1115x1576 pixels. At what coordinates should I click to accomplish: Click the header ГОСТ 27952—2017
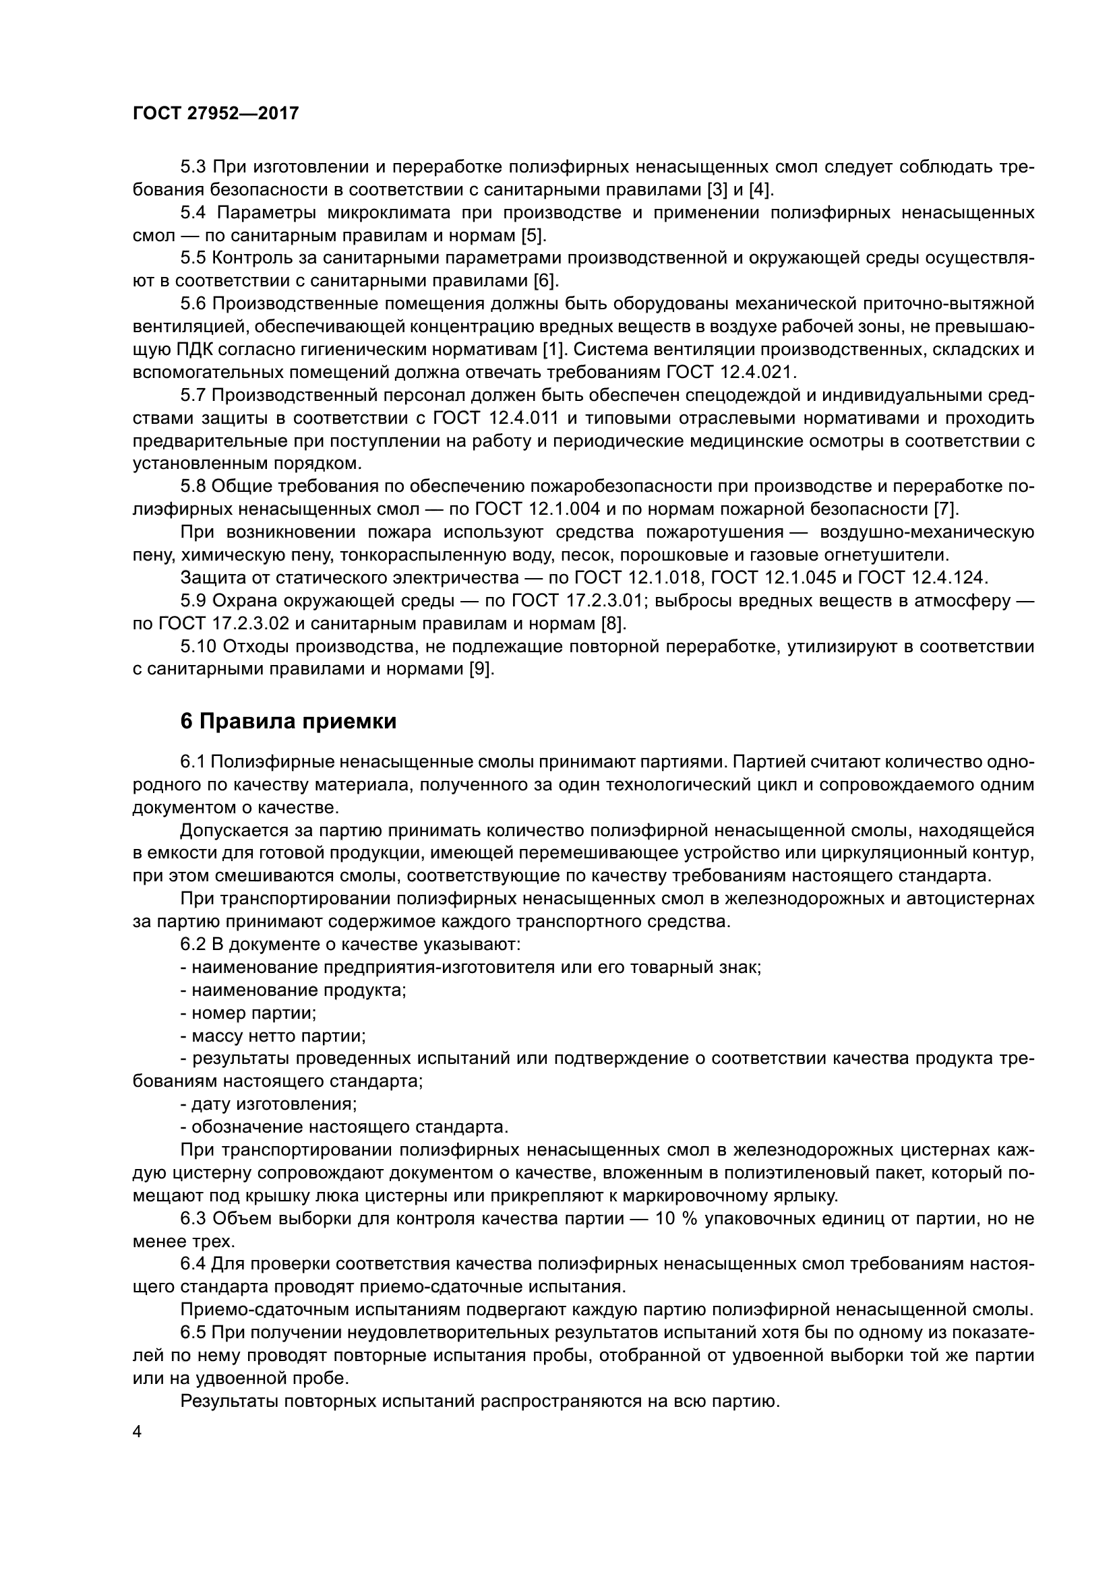pyautogui.click(x=216, y=113)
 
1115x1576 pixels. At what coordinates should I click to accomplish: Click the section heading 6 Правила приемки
pyautogui.click(x=289, y=722)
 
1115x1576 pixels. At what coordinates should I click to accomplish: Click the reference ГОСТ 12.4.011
pyautogui.click(x=495, y=418)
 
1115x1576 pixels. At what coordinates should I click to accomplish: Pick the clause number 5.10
pyautogui.click(x=198, y=647)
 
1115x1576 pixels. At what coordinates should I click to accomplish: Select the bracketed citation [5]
pyautogui.click(x=533, y=235)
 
